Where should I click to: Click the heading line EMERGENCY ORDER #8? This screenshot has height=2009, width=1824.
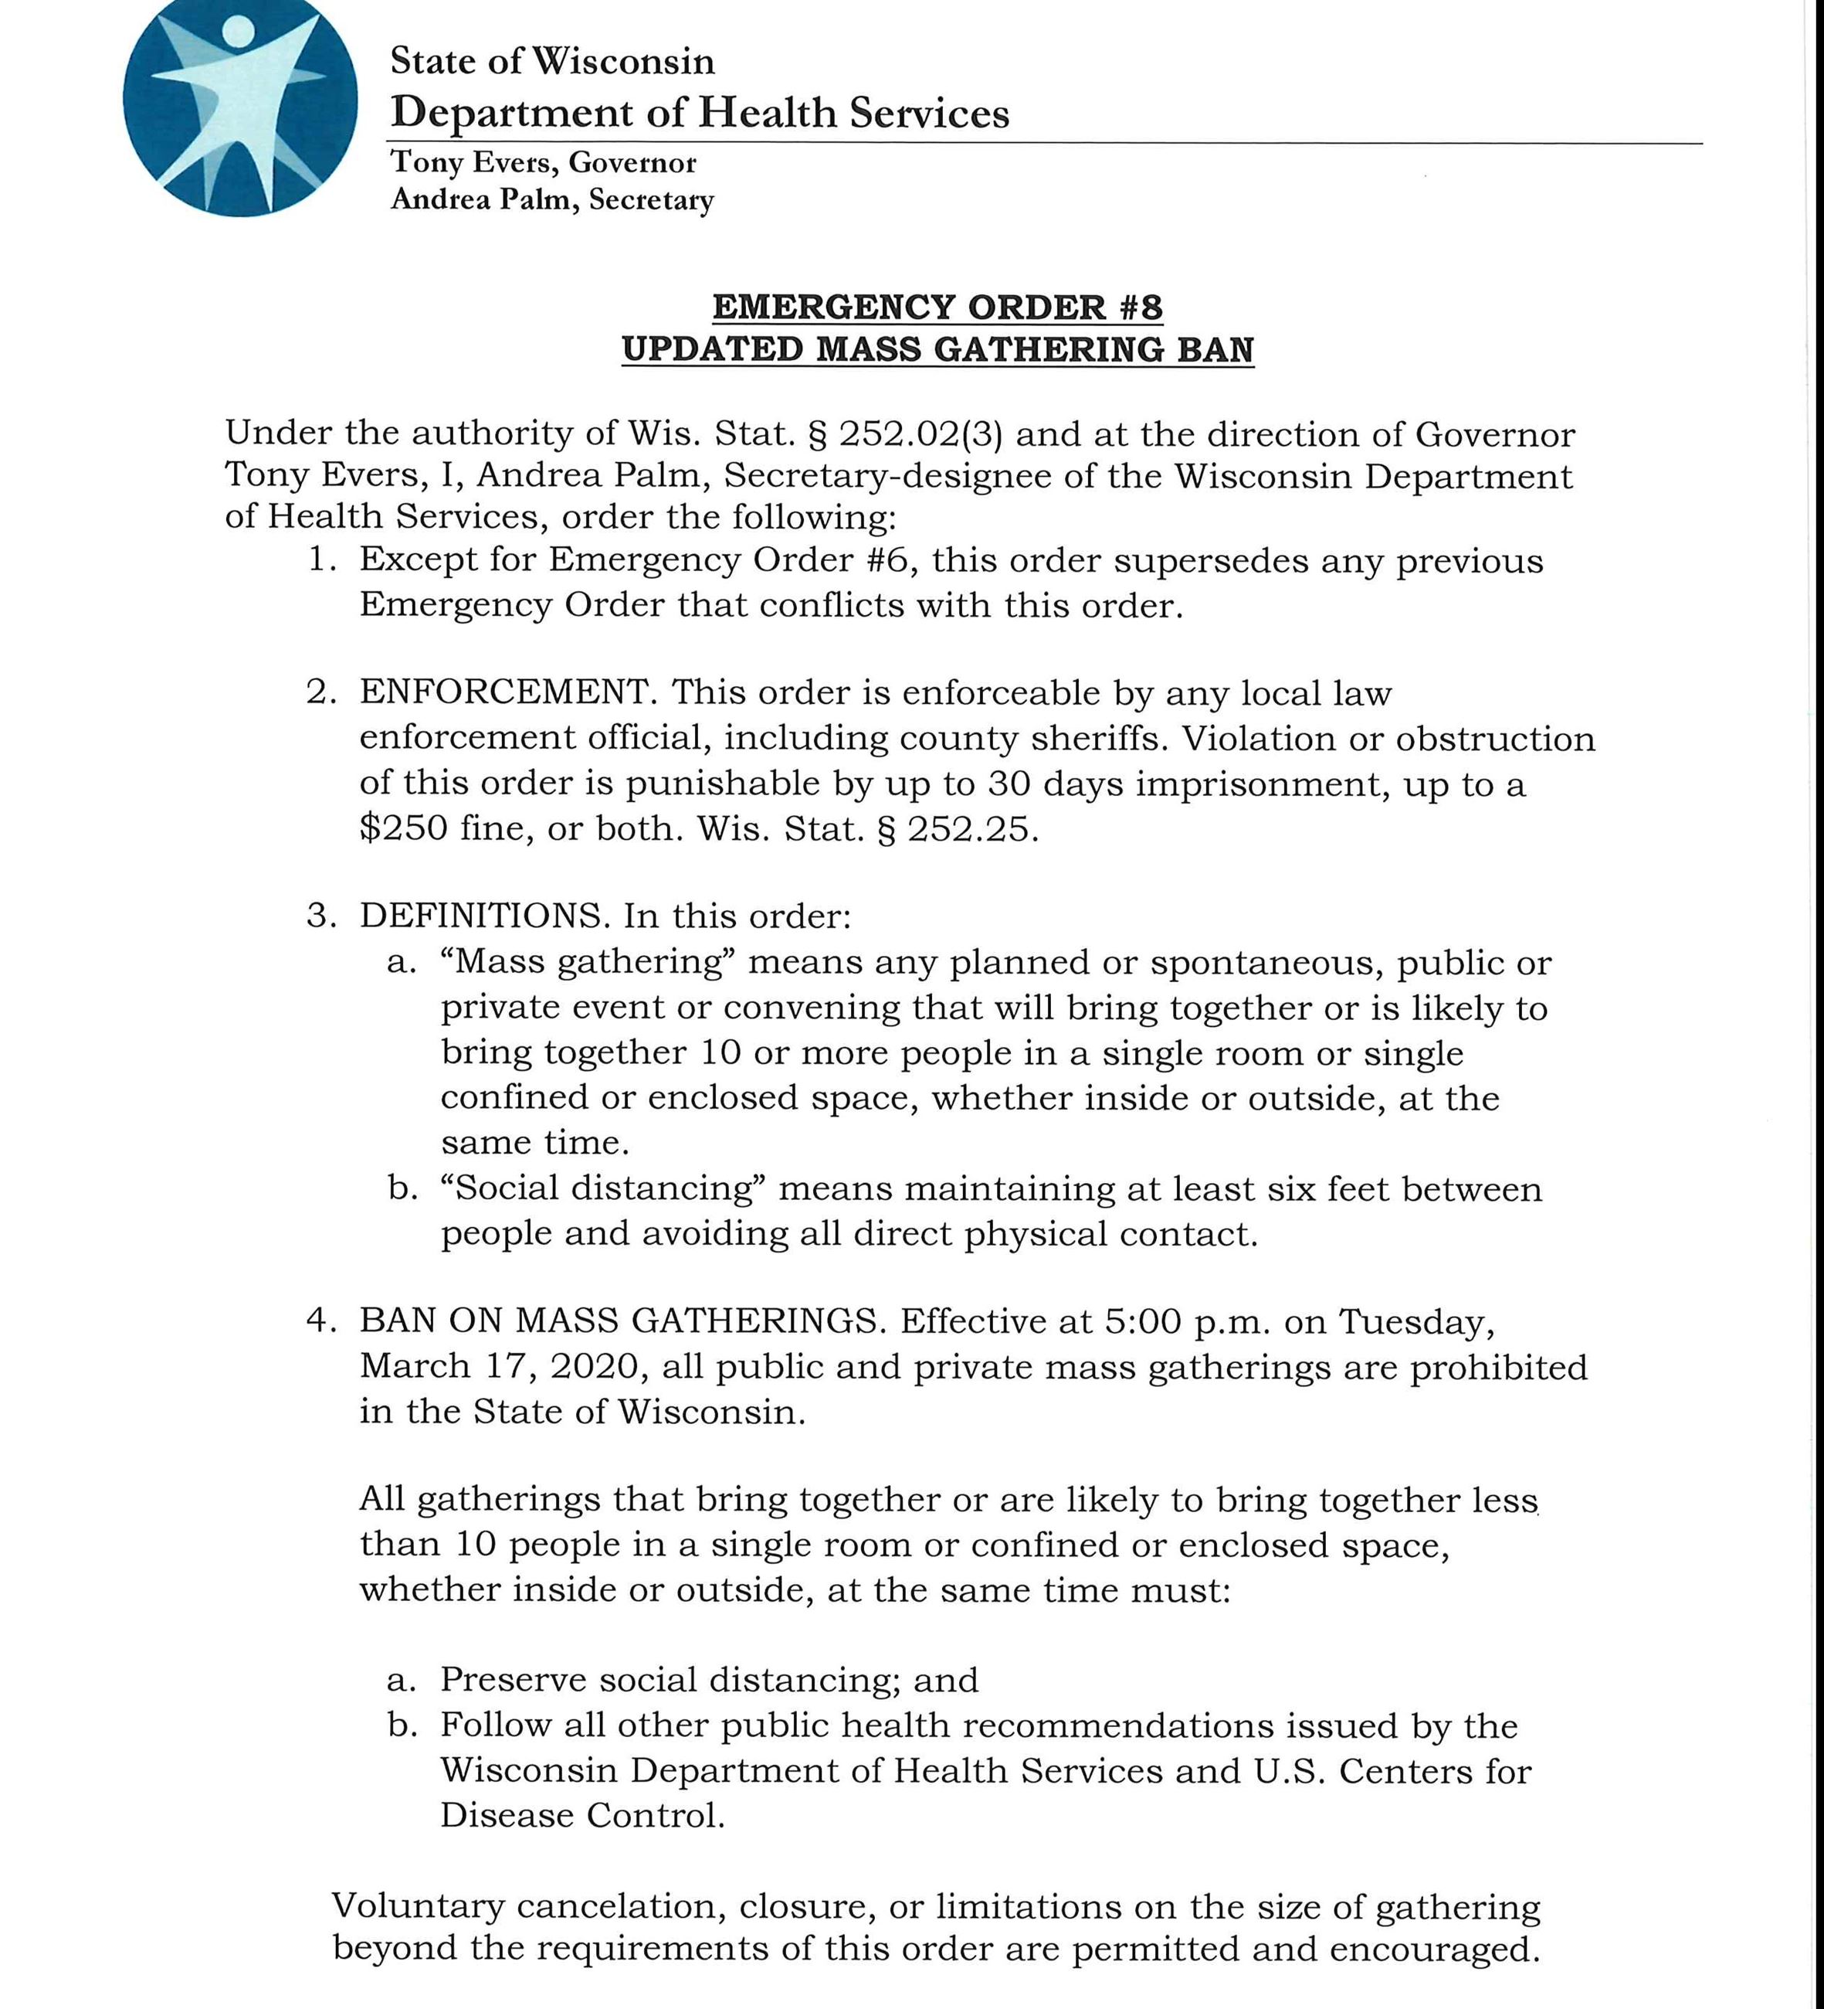point(937,307)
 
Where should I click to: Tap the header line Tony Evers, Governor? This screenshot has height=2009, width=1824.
point(543,162)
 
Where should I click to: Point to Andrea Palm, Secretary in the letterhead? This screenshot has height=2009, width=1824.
point(552,200)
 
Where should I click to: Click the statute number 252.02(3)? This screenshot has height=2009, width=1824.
point(921,434)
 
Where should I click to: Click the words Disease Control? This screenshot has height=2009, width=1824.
point(581,1816)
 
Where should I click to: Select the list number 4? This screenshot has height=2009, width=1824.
point(319,1321)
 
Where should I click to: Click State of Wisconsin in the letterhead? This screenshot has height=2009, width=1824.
point(552,62)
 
